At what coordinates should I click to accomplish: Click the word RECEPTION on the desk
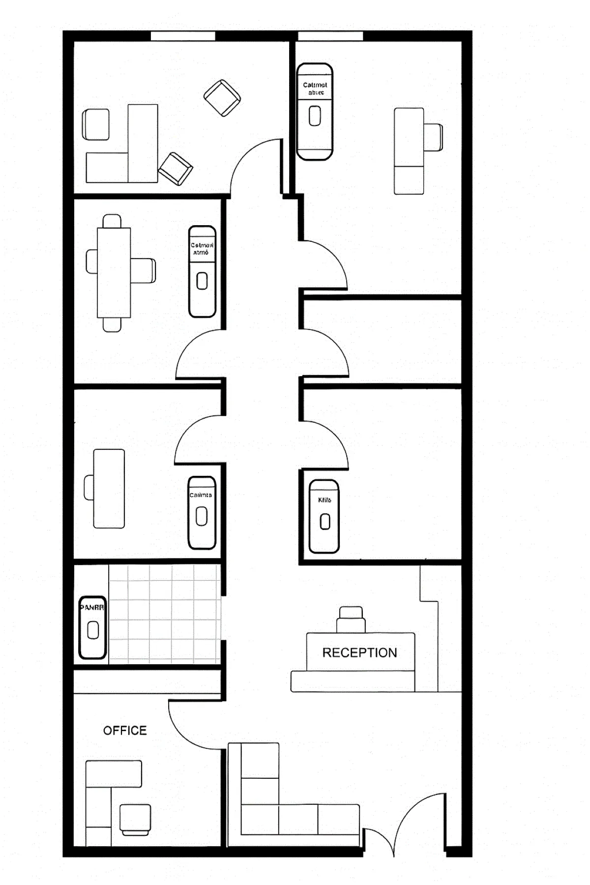[359, 652]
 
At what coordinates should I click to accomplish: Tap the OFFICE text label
[125, 730]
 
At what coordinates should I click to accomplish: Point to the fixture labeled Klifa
[324, 516]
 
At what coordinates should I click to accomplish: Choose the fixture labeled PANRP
[92, 627]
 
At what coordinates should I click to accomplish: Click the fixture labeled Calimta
[202, 512]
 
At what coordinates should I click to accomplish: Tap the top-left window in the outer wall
[183, 36]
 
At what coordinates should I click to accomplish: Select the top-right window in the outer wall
[330, 36]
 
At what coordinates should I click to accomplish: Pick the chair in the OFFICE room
[135, 819]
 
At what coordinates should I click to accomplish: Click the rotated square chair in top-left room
[222, 98]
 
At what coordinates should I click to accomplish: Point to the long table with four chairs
[114, 272]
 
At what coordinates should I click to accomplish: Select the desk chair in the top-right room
[433, 137]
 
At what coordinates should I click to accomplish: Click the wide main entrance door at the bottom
[418, 826]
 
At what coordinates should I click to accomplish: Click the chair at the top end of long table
[112, 221]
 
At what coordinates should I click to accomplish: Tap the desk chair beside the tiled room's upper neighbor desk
[89, 487]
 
